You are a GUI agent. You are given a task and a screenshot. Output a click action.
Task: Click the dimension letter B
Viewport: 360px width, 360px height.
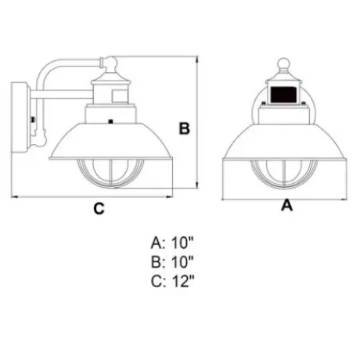(185, 128)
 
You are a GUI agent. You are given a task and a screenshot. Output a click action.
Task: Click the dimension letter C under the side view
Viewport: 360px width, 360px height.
(99, 208)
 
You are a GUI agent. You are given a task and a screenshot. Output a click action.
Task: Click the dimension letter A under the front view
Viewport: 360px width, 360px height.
(286, 205)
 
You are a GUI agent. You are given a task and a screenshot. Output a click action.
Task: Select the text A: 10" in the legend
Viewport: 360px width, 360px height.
(172, 243)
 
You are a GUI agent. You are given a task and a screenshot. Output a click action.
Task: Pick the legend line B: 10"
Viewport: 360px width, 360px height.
(172, 262)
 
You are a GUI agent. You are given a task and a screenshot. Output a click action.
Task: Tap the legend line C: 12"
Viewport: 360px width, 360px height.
(172, 281)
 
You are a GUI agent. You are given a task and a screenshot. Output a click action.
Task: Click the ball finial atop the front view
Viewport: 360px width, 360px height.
(283, 63)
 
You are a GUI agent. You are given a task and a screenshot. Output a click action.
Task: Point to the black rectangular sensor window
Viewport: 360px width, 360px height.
(283, 95)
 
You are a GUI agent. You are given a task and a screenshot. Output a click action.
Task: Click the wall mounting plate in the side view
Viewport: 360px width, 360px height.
(20, 117)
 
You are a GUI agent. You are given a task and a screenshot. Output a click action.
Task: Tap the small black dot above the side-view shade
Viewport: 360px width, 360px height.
(110, 121)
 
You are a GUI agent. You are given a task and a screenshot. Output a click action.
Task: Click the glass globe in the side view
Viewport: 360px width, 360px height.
(110, 172)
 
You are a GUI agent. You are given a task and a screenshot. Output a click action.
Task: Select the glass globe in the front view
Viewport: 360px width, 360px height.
(284, 174)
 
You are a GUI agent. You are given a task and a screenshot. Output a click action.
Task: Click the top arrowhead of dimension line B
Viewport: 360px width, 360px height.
(197, 59)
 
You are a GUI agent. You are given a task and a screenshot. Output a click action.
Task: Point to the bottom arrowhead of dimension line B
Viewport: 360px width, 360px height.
(197, 185)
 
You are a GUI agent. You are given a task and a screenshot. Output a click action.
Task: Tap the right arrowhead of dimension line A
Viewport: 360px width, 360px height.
(344, 200)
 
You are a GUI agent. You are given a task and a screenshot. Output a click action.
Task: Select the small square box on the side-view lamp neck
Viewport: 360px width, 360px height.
(119, 96)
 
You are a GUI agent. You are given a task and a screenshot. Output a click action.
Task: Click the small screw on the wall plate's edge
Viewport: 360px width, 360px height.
(33, 120)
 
